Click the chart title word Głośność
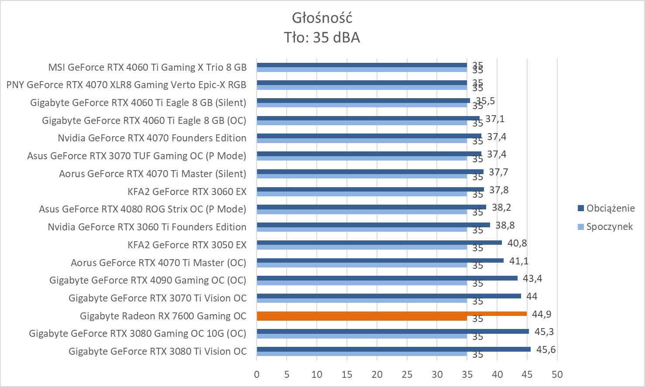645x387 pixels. pos(322,18)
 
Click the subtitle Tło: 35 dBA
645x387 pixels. pos(322,38)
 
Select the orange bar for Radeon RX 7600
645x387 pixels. pos(391,314)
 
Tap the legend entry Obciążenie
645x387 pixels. pos(610,208)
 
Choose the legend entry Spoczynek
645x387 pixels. pos(609,226)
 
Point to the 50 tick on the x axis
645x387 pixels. pos(557,374)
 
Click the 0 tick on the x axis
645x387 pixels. pos(257,374)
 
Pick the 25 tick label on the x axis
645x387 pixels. pos(407,374)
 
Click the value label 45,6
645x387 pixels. pos(545,349)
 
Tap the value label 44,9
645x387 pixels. pos(542,314)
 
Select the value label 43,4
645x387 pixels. pos(532,278)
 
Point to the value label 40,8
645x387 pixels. pos(516,243)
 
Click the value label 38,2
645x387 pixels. pos(501,207)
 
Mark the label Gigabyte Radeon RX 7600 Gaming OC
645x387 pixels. pos(163,316)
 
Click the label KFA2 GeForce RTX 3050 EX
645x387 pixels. pos(187,245)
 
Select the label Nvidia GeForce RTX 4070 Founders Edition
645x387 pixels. pos(152,138)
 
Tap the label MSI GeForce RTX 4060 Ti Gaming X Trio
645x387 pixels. pos(147,67)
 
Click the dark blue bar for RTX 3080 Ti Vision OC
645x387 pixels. pos(393,349)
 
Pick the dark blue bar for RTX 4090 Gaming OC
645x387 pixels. pos(387,278)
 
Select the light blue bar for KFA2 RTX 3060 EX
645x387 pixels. pos(361,194)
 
